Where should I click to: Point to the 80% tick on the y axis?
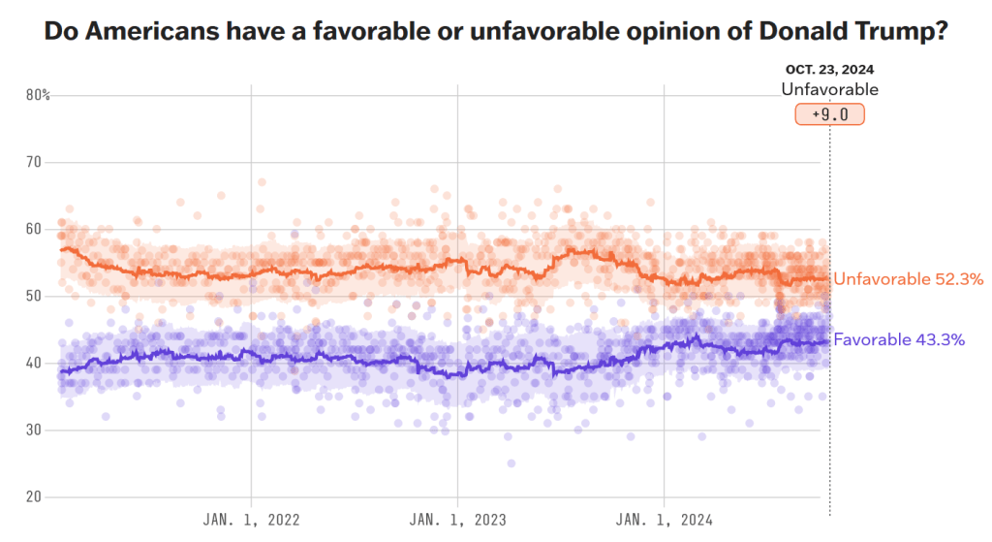[38, 95]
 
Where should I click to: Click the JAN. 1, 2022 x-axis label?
[252, 519]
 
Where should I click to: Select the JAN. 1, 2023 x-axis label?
[458, 519]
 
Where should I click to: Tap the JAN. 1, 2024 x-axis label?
[665, 519]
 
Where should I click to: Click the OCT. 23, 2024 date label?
[830, 70]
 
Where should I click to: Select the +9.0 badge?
[829, 114]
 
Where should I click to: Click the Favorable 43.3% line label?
[899, 339]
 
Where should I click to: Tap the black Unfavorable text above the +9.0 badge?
[830, 89]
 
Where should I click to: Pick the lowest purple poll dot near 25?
[511, 463]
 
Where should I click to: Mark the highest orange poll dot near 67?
[262, 182]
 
